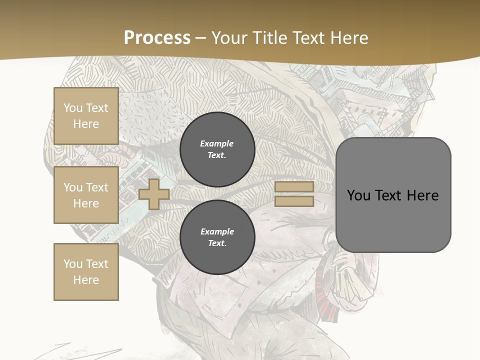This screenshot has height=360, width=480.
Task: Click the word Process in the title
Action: [x=157, y=38]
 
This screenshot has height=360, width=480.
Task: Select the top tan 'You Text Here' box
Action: [x=86, y=116]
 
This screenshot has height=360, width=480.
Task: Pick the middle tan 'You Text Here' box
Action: [x=86, y=195]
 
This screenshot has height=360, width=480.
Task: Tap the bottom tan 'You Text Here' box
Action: [x=86, y=271]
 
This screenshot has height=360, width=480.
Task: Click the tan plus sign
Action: [x=154, y=194]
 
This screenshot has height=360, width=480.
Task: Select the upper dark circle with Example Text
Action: [x=217, y=149]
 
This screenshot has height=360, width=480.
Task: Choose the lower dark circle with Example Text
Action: [x=217, y=237]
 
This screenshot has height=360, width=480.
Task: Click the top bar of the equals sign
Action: [x=294, y=187]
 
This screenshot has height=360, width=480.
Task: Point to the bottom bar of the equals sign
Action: [x=294, y=201]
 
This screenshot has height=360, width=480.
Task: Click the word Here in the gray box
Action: [x=422, y=195]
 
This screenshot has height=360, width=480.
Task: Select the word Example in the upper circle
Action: [x=217, y=143]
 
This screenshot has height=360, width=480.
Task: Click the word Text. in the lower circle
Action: [x=217, y=243]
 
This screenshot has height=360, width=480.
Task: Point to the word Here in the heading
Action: [x=348, y=38]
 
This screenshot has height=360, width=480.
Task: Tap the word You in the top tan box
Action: [x=72, y=108]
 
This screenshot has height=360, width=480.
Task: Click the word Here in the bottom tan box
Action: [x=86, y=280]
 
